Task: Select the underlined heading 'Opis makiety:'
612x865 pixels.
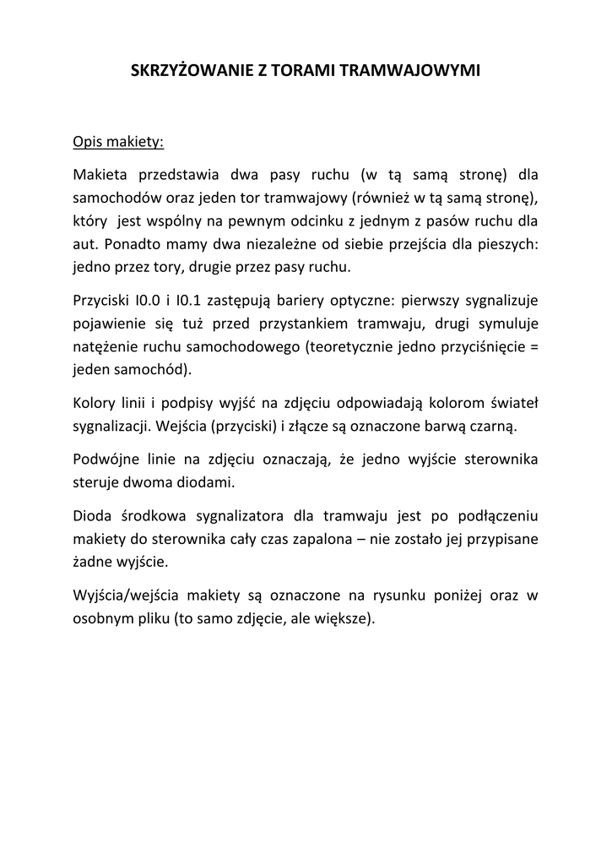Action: point(119,142)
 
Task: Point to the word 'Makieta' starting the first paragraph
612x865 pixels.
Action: point(100,177)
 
